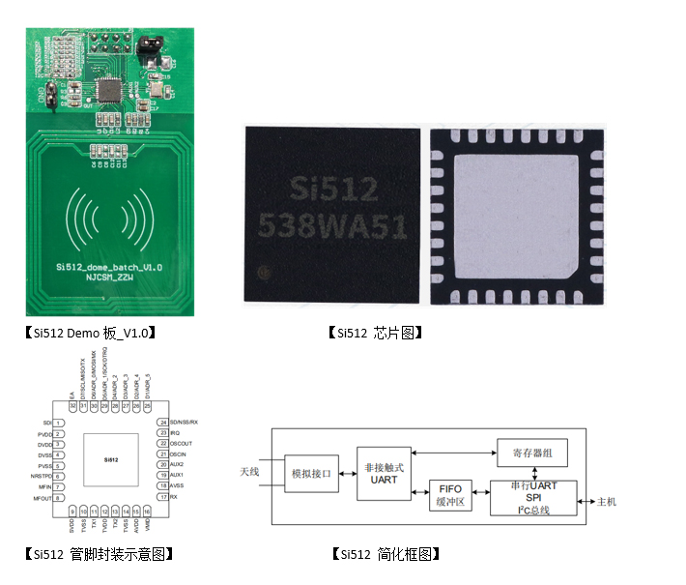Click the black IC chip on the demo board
(113, 93)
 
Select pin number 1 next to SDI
(58, 424)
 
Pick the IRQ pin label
(175, 433)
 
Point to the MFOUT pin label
(41, 498)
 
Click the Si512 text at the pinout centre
(109, 459)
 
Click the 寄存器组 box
(531, 452)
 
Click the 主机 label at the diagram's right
(607, 502)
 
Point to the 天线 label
(249, 472)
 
